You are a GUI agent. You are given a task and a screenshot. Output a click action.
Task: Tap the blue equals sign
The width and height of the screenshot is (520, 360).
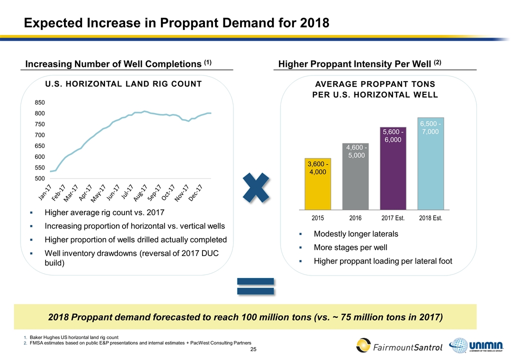pos(255,286)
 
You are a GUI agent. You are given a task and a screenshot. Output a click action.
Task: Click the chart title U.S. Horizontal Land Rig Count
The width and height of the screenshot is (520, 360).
pos(126,83)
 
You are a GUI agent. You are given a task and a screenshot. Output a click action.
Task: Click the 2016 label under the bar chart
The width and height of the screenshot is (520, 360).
pos(355,218)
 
